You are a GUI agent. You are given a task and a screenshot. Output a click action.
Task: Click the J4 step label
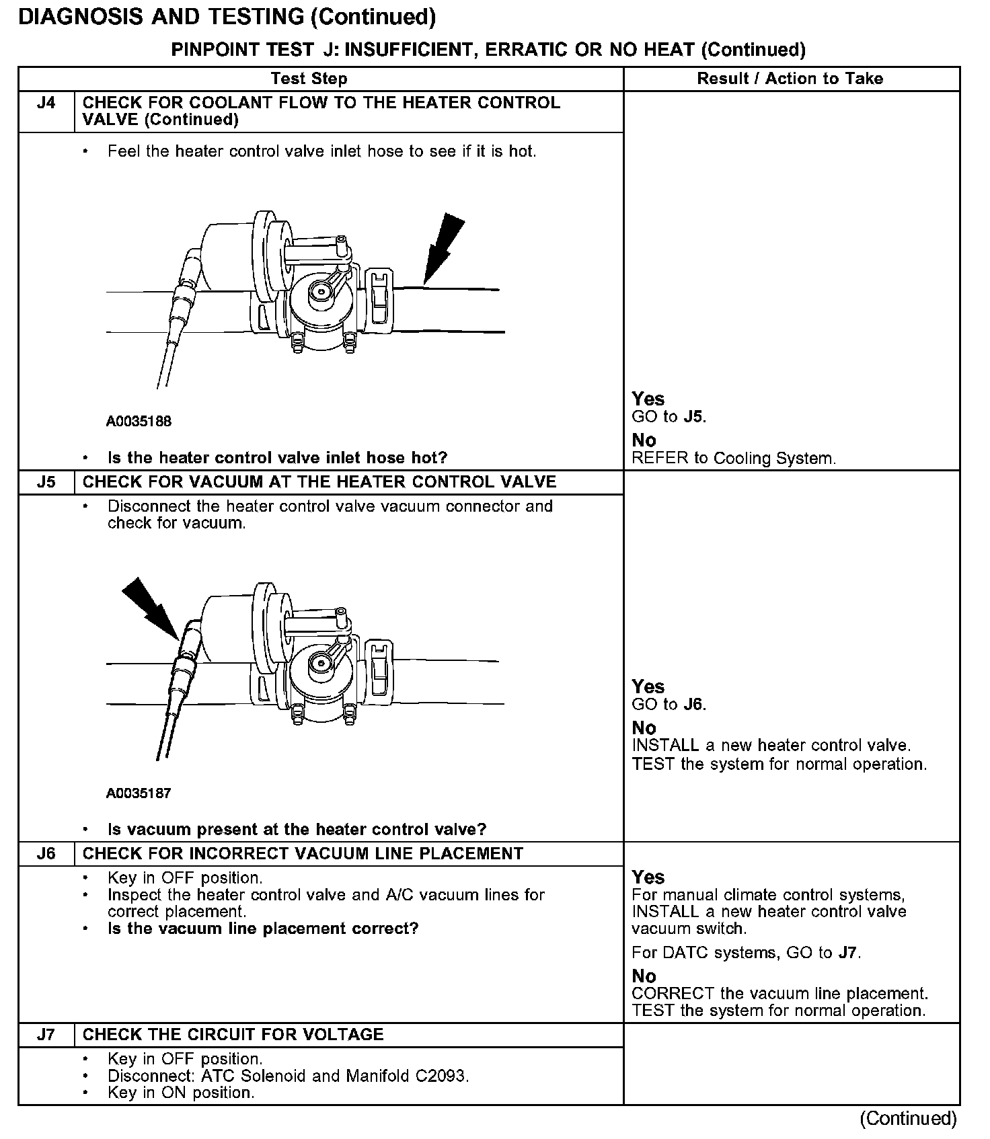(x=46, y=104)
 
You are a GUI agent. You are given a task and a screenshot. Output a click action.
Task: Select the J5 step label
(x=46, y=482)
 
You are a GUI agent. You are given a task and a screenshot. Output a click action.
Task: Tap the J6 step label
(x=46, y=854)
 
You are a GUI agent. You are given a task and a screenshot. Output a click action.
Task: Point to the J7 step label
(x=46, y=1035)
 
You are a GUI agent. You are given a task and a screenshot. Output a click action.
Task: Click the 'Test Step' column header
(x=309, y=79)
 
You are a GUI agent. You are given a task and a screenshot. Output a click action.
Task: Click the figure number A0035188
(x=139, y=422)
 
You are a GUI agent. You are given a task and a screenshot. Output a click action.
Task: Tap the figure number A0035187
(x=139, y=793)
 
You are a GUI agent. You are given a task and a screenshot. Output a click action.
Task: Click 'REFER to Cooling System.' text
(x=734, y=459)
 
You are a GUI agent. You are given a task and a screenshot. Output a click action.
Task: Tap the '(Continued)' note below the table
(x=907, y=1118)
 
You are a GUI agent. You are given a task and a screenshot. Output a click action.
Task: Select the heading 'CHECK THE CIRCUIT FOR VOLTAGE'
(x=233, y=1035)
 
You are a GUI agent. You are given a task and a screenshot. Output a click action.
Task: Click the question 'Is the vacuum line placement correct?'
(x=263, y=929)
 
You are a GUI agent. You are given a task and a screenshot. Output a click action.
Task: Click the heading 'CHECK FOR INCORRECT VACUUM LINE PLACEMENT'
(x=303, y=854)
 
